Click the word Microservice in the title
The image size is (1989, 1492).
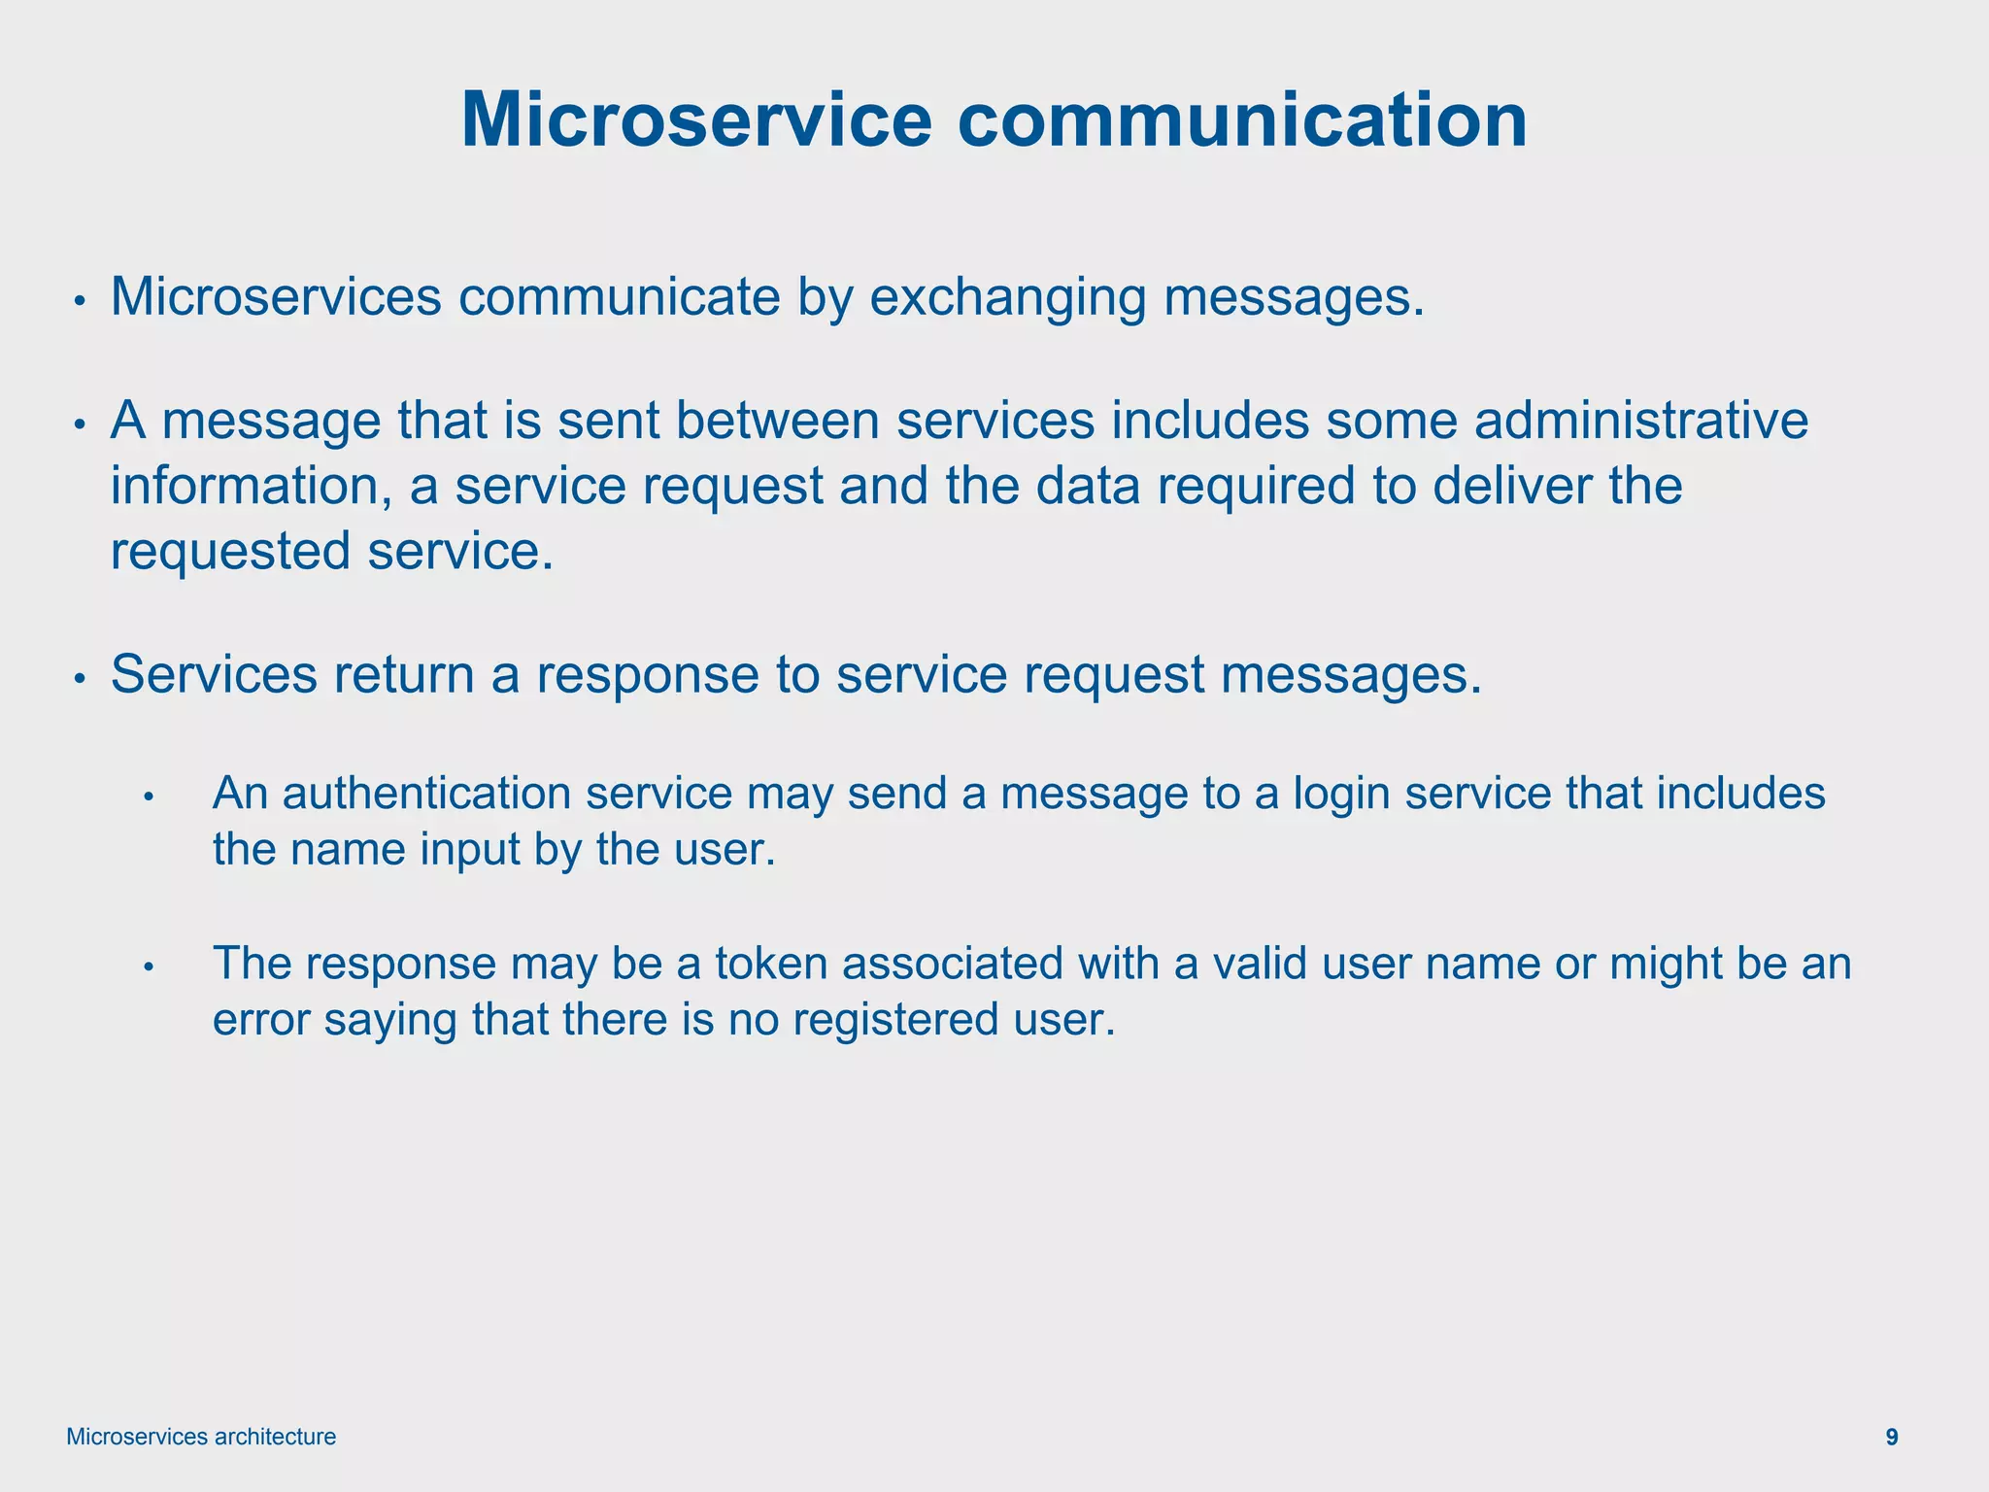coord(695,120)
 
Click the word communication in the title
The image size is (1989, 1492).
coord(1242,120)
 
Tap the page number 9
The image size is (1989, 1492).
coord(1892,1437)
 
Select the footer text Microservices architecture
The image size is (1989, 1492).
coord(201,1437)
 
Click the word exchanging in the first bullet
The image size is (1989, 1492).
coord(1007,297)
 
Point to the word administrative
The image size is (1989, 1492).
coord(1641,422)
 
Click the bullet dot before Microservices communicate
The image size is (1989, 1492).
coord(82,301)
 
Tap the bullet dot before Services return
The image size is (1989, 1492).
coord(82,678)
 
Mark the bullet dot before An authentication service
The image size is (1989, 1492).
coord(149,797)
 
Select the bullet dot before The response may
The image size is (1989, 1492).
coord(149,967)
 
